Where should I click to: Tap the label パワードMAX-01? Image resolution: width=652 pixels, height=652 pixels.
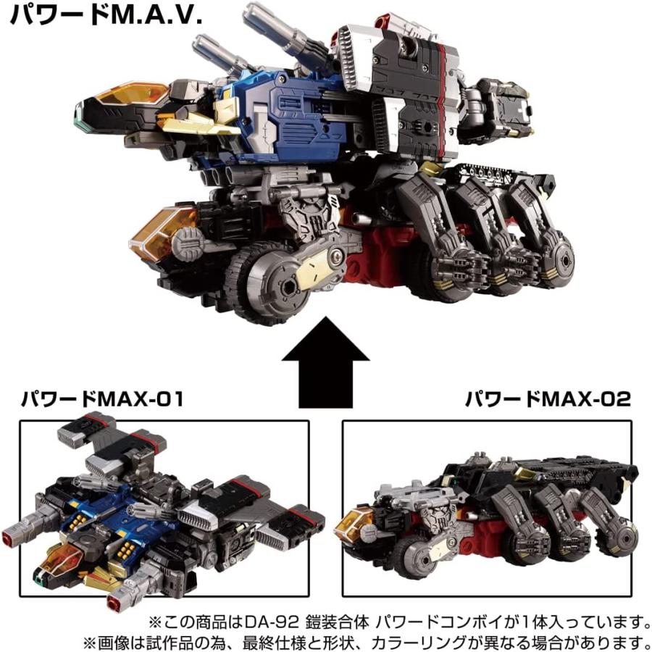101,399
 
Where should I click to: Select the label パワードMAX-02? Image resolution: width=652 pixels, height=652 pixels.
548,399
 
